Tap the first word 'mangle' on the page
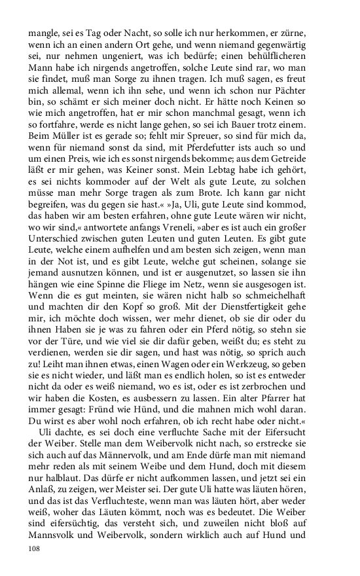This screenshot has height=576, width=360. tap(41, 33)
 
